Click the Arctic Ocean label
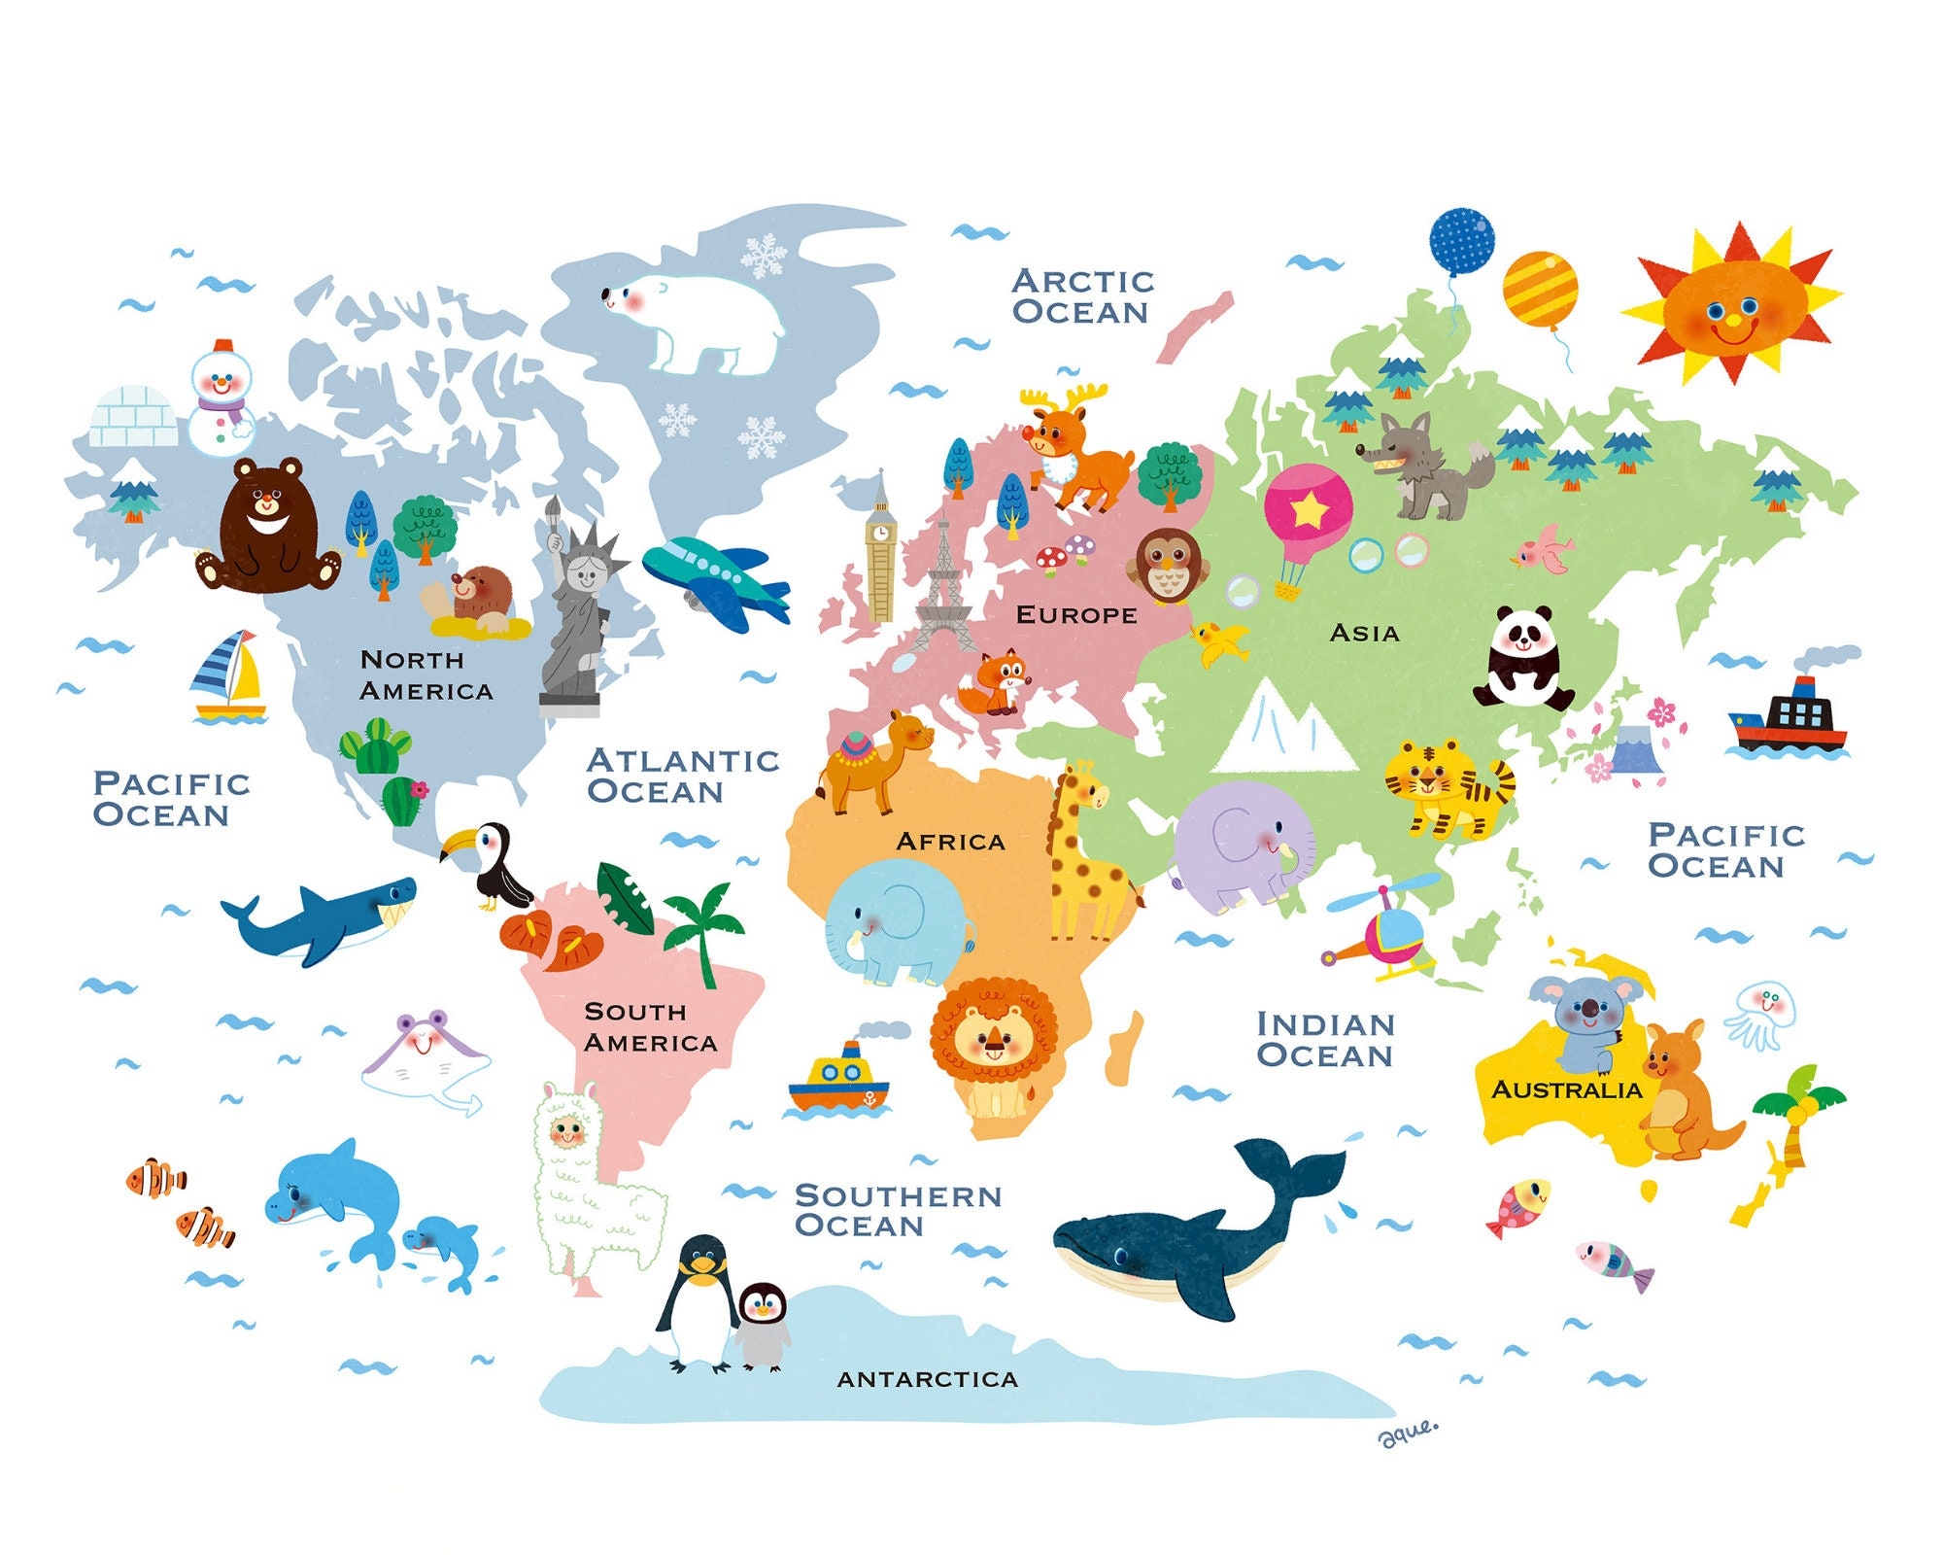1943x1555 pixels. pos(1081,296)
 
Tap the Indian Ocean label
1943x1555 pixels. pos(1325,1039)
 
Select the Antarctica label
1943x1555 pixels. pos(928,1379)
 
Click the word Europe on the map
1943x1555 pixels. pos(1076,615)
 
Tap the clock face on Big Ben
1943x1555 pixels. pos(880,533)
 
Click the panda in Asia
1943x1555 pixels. pos(1521,659)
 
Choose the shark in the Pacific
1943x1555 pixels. pos(325,918)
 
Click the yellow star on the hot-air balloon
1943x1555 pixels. pos(1309,507)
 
